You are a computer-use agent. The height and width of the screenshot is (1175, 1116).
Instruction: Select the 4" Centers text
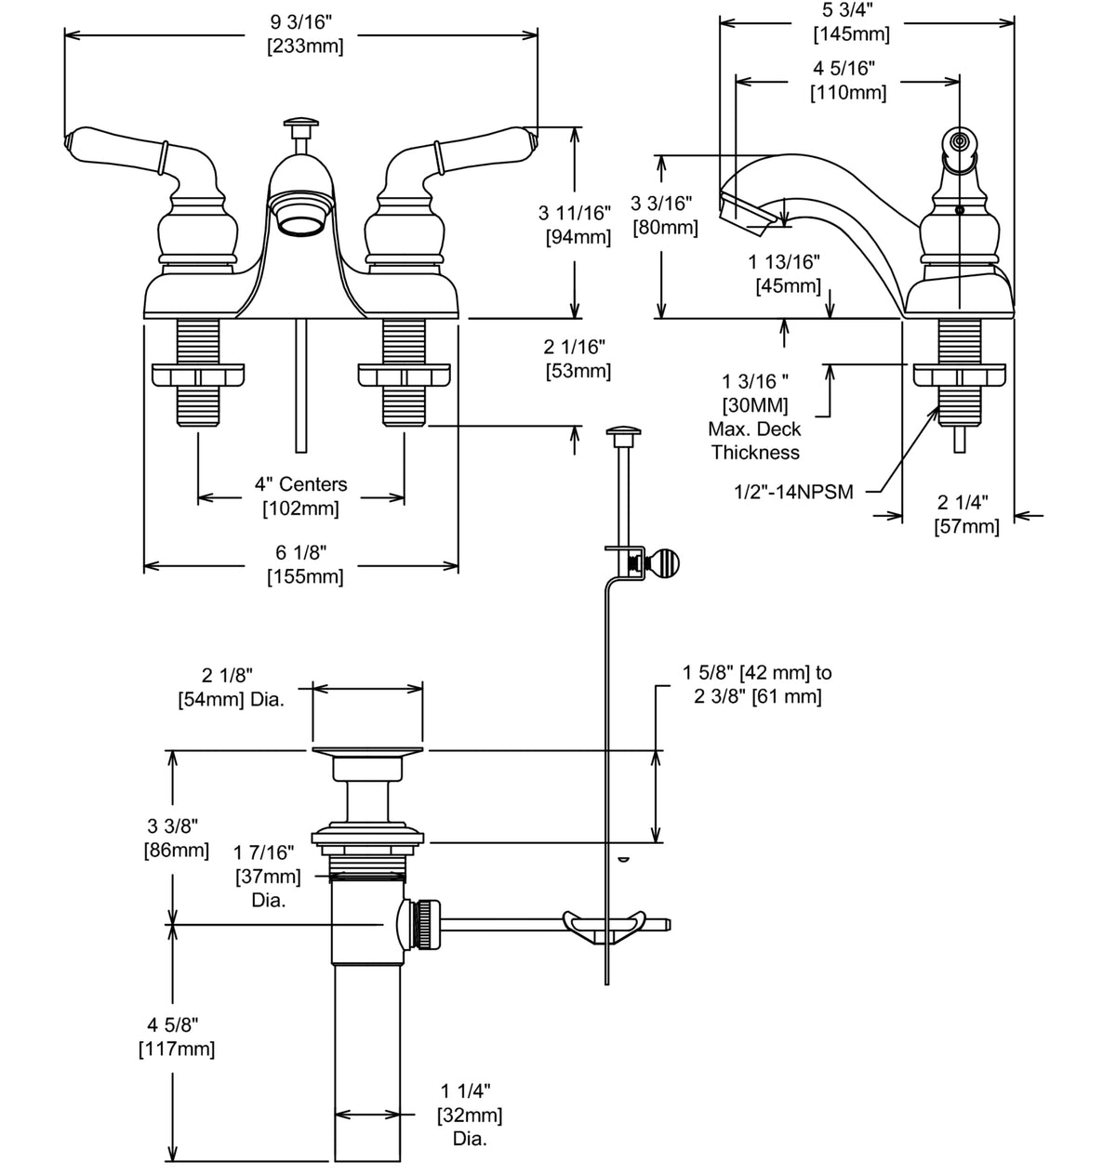point(301,484)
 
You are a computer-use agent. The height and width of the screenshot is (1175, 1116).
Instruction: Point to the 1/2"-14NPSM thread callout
point(793,492)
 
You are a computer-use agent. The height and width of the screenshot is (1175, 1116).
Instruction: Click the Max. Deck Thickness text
point(755,442)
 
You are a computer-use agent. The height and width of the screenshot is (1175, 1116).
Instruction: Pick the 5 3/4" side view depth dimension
point(852,9)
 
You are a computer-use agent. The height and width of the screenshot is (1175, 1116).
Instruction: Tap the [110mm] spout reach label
point(847,93)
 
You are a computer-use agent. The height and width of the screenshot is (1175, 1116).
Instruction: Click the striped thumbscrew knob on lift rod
point(666,563)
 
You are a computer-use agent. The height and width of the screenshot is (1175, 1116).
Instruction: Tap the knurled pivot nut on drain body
point(426,923)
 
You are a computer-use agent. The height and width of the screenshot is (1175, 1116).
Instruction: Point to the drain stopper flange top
point(367,751)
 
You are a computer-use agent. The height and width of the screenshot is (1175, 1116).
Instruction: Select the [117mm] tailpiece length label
point(177,1050)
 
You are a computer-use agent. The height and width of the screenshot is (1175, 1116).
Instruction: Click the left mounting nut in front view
point(198,376)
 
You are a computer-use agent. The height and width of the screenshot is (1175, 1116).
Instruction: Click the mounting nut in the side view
point(960,376)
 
